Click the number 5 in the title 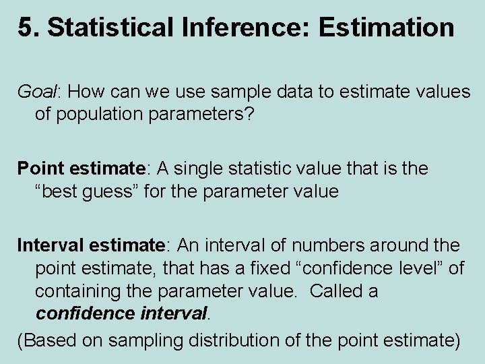point(24,28)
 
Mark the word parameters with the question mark point(206,115)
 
